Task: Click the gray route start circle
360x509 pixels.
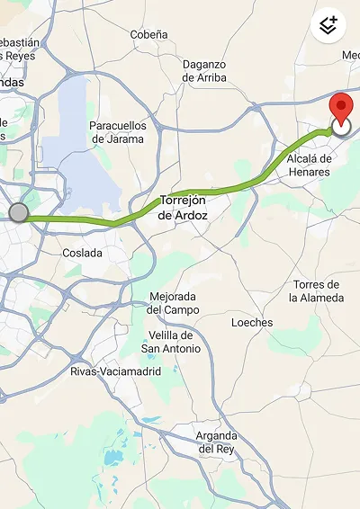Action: click(19, 212)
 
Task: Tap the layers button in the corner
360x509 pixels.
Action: click(328, 25)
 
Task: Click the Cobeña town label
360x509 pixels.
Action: click(148, 34)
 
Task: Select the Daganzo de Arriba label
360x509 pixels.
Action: click(204, 71)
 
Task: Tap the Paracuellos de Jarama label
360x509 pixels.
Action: click(116, 132)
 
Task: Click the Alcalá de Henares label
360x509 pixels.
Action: click(309, 165)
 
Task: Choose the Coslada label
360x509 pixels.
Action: click(82, 253)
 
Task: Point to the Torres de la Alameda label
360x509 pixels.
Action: click(318, 291)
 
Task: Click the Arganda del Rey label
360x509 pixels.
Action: click(217, 442)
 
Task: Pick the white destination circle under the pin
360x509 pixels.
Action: click(341, 128)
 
